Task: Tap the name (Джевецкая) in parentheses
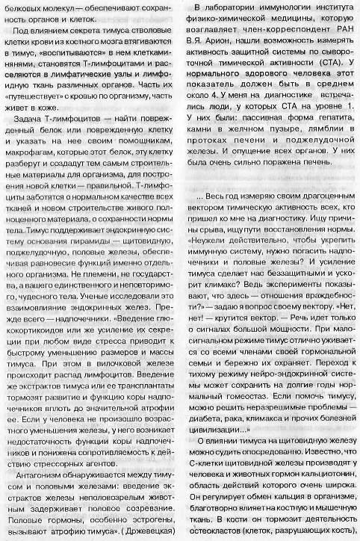tap(146, 532)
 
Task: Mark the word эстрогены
tap(141, 519)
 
